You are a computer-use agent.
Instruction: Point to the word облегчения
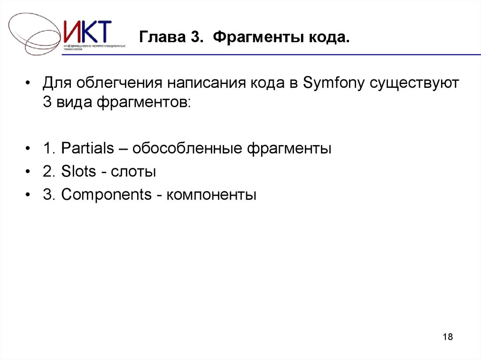(117, 84)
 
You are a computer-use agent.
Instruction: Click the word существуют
(414, 84)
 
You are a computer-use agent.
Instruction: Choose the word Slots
(78, 172)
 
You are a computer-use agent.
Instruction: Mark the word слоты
(133, 172)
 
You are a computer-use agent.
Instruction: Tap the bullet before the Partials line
(29, 150)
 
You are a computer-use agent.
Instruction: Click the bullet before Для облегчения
(29, 85)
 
